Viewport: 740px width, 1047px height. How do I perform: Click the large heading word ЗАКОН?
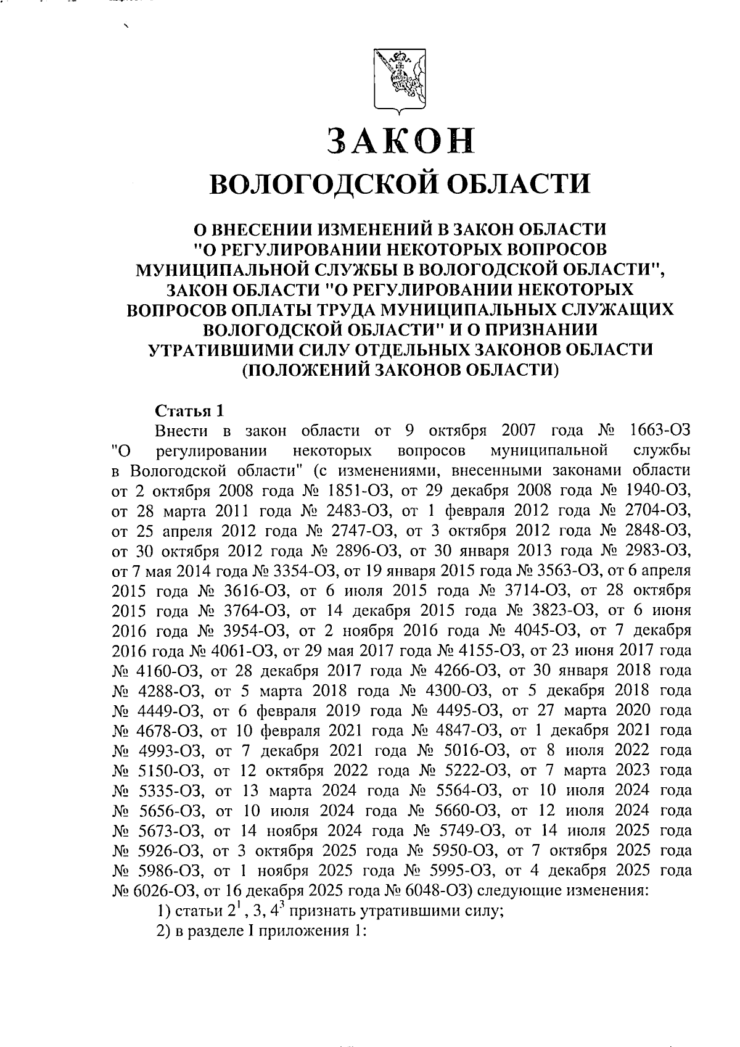point(401,141)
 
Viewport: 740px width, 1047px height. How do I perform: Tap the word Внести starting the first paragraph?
point(182,430)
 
